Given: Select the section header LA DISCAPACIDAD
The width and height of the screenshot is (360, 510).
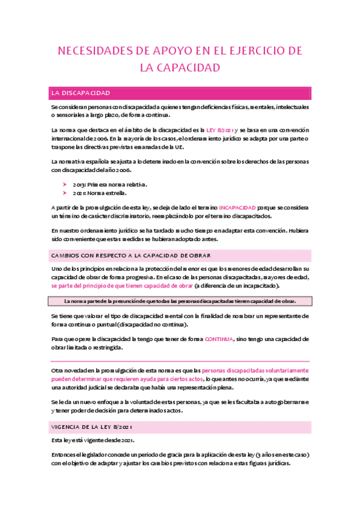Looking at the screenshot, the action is pyautogui.click(x=81, y=93).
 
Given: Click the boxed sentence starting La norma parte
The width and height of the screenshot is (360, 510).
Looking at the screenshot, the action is pyautogui.click(x=180, y=301).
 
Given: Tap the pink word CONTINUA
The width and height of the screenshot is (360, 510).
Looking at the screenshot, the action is pyautogui.click(x=218, y=339).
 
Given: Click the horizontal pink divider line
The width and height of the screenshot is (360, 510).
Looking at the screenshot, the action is pyautogui.click(x=180, y=361).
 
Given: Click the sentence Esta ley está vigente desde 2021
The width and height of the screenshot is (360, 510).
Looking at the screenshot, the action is pyautogui.click(x=93, y=440).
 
